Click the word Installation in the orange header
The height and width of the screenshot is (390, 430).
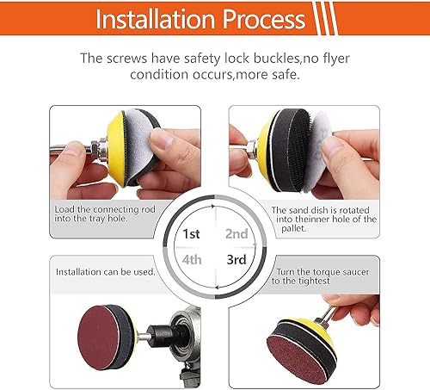point(156,19)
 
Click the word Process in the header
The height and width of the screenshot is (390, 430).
point(264,19)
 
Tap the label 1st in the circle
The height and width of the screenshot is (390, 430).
point(191,234)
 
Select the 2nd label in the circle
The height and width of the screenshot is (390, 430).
point(236,234)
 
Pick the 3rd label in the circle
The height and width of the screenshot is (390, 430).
point(236,260)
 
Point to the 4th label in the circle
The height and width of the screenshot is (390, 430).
point(192,260)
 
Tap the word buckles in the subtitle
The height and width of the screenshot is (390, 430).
point(276,58)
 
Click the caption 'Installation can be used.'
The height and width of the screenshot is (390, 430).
point(106,272)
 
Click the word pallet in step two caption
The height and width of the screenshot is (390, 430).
point(294,229)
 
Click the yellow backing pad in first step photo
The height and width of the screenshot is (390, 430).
point(116,149)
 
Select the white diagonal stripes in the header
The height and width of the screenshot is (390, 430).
point(325,18)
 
